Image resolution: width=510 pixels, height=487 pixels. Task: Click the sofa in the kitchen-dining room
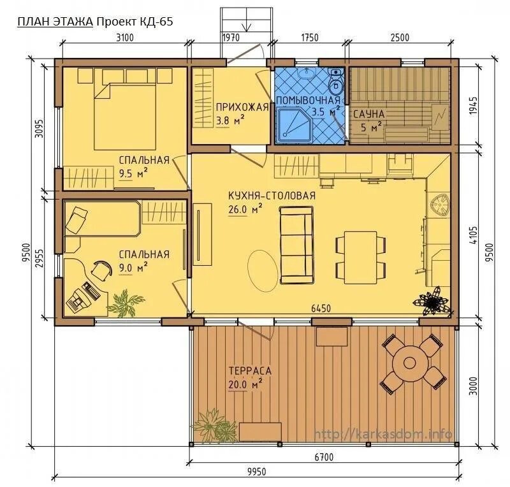(297, 245)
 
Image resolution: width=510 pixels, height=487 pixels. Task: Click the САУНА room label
(369, 114)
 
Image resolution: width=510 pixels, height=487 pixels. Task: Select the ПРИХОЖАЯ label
(242, 107)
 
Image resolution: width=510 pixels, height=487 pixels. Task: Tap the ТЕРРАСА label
(250, 371)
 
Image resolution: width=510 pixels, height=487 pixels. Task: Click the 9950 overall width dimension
(256, 472)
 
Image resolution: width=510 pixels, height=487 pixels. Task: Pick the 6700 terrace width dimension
(324, 457)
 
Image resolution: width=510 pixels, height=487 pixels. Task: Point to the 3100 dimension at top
(125, 38)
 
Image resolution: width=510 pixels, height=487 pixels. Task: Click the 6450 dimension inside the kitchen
(321, 308)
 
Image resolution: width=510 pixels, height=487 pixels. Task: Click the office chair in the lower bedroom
(101, 270)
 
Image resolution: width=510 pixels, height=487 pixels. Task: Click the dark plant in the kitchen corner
(432, 301)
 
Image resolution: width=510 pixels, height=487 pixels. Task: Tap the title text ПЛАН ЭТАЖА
(55, 22)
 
